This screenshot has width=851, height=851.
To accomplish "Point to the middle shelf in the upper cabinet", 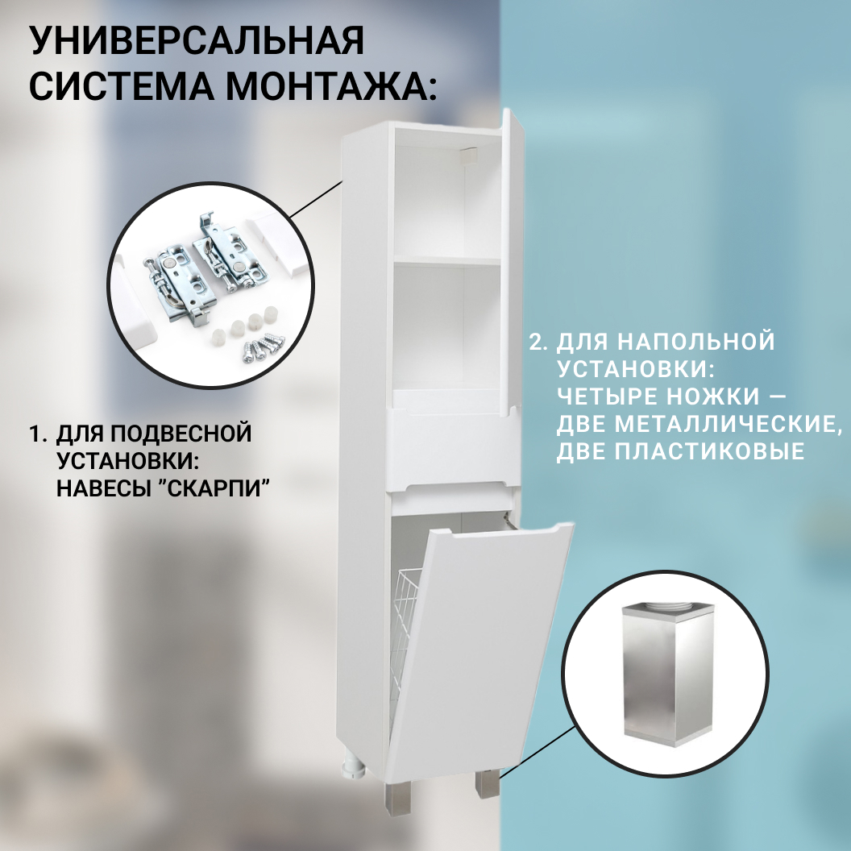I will point(445,261).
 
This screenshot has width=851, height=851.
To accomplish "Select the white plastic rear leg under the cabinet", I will point(351,762).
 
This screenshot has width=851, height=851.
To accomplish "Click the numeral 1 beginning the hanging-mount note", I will point(35,434).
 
